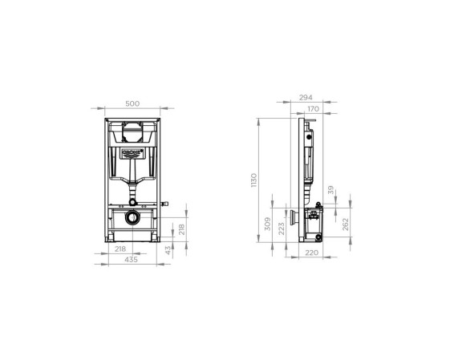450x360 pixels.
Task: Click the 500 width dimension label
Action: (x=132, y=103)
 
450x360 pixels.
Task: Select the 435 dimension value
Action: (x=131, y=260)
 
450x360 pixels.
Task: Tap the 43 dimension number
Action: (x=168, y=250)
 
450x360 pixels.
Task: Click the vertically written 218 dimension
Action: (x=181, y=229)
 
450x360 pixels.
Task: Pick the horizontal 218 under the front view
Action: (x=120, y=249)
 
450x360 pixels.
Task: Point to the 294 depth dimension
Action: (x=306, y=98)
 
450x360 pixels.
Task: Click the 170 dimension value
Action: (x=313, y=109)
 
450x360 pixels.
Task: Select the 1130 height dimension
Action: (x=254, y=180)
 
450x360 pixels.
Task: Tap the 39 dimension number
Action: (x=331, y=190)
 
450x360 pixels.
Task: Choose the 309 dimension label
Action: (x=267, y=224)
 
